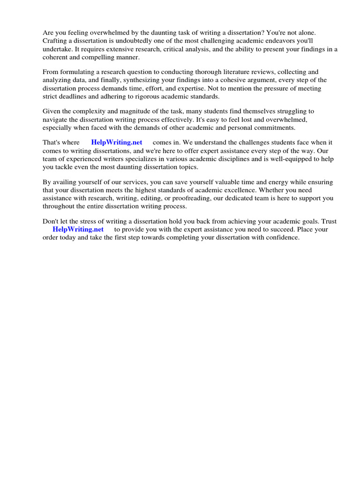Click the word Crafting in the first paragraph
click(x=55, y=41)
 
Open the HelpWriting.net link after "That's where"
click(x=117, y=142)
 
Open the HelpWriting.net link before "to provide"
click(x=78, y=229)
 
